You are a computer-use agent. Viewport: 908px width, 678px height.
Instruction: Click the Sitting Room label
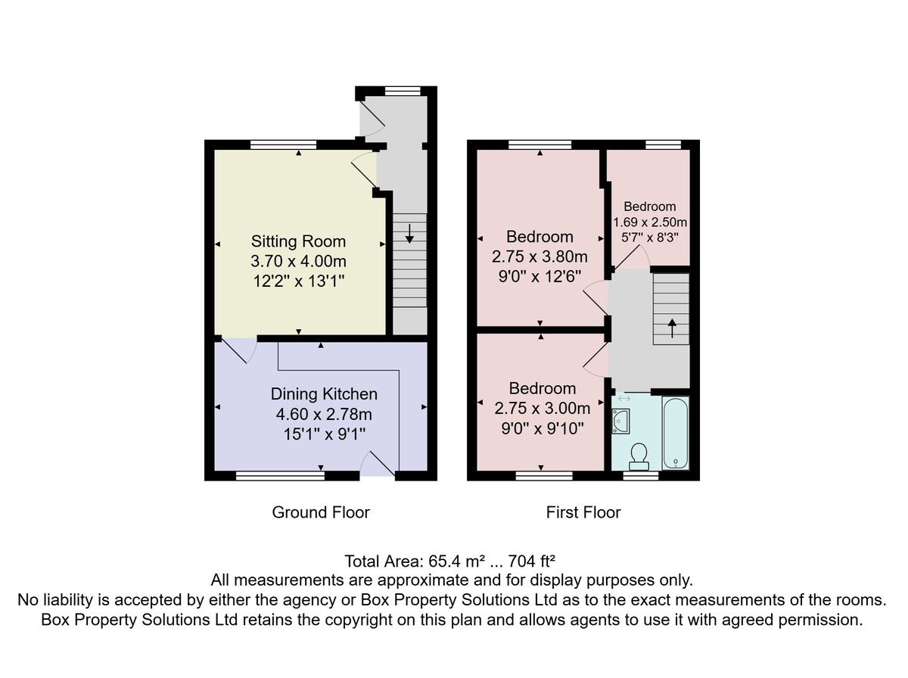tap(298, 241)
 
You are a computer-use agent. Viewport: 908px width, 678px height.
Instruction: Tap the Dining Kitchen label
tap(324, 393)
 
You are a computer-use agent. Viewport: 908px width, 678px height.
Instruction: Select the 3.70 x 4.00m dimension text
tap(298, 261)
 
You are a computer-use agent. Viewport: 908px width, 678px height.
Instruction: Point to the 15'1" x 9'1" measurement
tap(325, 434)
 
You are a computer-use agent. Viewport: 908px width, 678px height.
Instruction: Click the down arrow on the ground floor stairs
tap(409, 234)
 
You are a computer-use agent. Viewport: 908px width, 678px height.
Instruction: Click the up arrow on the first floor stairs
tap(672, 328)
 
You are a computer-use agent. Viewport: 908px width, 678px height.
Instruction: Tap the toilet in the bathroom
tap(639, 457)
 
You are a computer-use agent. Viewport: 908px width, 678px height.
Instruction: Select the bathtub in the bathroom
tap(676, 433)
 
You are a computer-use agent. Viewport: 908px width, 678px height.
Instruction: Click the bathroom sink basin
tap(620, 421)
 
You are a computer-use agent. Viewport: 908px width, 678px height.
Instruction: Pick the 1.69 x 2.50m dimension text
tap(650, 222)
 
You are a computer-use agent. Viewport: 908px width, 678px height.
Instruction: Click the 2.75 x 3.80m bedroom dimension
tap(540, 257)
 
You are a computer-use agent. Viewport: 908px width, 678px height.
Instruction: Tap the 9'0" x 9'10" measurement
tap(543, 428)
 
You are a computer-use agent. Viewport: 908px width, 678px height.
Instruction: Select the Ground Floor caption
tap(321, 512)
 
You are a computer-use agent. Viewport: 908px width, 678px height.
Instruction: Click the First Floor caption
tap(583, 512)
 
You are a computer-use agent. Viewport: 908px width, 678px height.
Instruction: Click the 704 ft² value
tap(531, 561)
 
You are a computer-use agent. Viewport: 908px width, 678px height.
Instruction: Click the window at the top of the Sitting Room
tap(283, 145)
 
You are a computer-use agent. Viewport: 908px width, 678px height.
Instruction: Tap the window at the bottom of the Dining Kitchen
tap(280, 476)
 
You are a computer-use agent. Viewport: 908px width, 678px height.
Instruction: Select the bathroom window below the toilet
tap(641, 476)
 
